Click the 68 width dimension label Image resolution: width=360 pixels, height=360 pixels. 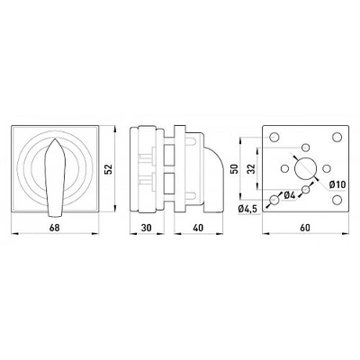tap(55, 228)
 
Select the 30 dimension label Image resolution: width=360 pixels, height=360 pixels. tap(147, 228)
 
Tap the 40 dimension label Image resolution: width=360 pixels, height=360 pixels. tap(198, 228)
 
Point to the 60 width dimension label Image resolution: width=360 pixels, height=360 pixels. tap(305, 228)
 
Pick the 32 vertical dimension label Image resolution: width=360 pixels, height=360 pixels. tap(251, 168)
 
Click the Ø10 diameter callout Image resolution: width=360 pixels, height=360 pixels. tap(337, 184)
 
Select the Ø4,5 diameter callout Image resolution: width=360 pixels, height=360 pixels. tap(247, 209)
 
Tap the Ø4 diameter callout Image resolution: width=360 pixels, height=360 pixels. tap(290, 195)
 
